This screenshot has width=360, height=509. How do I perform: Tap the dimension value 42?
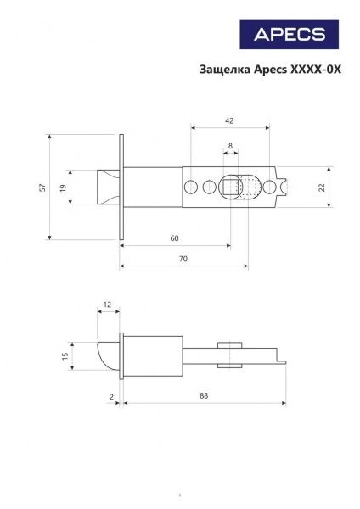[x=230, y=121]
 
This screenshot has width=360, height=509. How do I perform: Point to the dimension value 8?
[x=230, y=147]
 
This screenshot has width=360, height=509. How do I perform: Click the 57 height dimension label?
[x=42, y=187]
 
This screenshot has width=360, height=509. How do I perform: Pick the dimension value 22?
[x=322, y=187]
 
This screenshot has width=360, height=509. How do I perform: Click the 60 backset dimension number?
[x=174, y=238]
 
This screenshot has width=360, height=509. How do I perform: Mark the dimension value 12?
[x=107, y=304]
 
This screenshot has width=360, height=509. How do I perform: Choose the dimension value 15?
[x=65, y=355]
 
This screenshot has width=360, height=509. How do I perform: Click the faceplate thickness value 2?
[x=111, y=396]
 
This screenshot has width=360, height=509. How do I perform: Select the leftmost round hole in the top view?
[x=193, y=187]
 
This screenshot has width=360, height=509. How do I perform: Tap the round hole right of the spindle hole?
[x=269, y=187]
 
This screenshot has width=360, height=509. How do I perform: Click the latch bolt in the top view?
[x=108, y=187]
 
